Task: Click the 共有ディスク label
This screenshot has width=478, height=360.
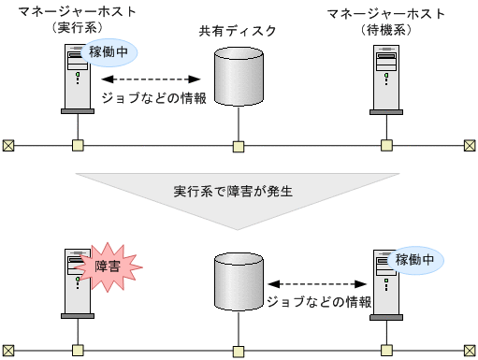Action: coord(238,31)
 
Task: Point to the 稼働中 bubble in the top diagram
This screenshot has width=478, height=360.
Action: coord(111,53)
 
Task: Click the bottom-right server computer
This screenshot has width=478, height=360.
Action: coord(385,281)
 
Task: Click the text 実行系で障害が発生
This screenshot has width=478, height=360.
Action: coord(234,192)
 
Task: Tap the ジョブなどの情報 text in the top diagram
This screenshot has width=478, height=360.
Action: coord(153,97)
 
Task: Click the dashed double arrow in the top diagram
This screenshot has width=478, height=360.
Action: coord(153,79)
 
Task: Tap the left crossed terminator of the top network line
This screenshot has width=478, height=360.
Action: coord(8,145)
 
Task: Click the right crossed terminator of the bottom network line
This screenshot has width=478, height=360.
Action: coord(470,352)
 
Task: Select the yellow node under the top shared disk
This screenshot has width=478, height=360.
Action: coord(239,145)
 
